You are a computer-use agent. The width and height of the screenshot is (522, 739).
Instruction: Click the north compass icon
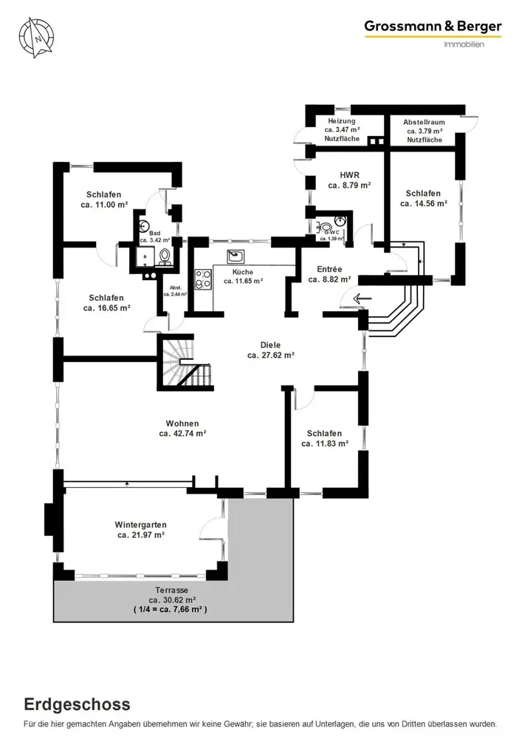(36, 38)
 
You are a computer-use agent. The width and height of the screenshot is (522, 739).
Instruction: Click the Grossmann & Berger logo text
(433, 27)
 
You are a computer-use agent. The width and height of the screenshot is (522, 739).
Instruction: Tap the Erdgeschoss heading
(78, 704)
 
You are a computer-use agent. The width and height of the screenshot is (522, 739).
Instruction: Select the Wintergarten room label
(141, 525)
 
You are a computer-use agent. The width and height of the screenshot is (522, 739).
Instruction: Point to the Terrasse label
(172, 590)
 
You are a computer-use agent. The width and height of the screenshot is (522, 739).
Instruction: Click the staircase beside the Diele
(186, 362)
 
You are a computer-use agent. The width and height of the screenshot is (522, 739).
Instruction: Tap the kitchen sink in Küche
(236, 256)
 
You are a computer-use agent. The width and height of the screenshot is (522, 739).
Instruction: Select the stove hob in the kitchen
(203, 279)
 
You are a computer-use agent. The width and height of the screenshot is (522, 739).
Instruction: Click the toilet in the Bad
(164, 255)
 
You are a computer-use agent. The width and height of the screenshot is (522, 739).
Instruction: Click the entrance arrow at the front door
(363, 298)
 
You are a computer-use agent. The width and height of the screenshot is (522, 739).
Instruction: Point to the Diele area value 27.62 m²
(271, 355)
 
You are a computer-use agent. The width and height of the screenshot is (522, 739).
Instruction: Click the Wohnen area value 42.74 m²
(182, 434)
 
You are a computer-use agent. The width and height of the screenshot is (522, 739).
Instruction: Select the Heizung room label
(342, 121)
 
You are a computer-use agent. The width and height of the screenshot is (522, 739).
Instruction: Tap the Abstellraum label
(424, 122)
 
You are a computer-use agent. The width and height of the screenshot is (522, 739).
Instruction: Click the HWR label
(350, 175)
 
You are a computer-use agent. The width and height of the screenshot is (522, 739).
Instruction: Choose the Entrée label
(329, 269)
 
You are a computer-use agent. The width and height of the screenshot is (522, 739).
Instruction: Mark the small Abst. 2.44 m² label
(176, 290)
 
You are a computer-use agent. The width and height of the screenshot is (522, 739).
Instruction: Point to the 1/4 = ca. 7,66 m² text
(171, 610)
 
